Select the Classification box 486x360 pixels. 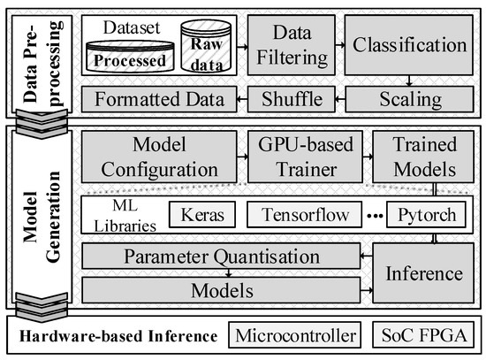[406, 45]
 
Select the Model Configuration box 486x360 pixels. [161, 156]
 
